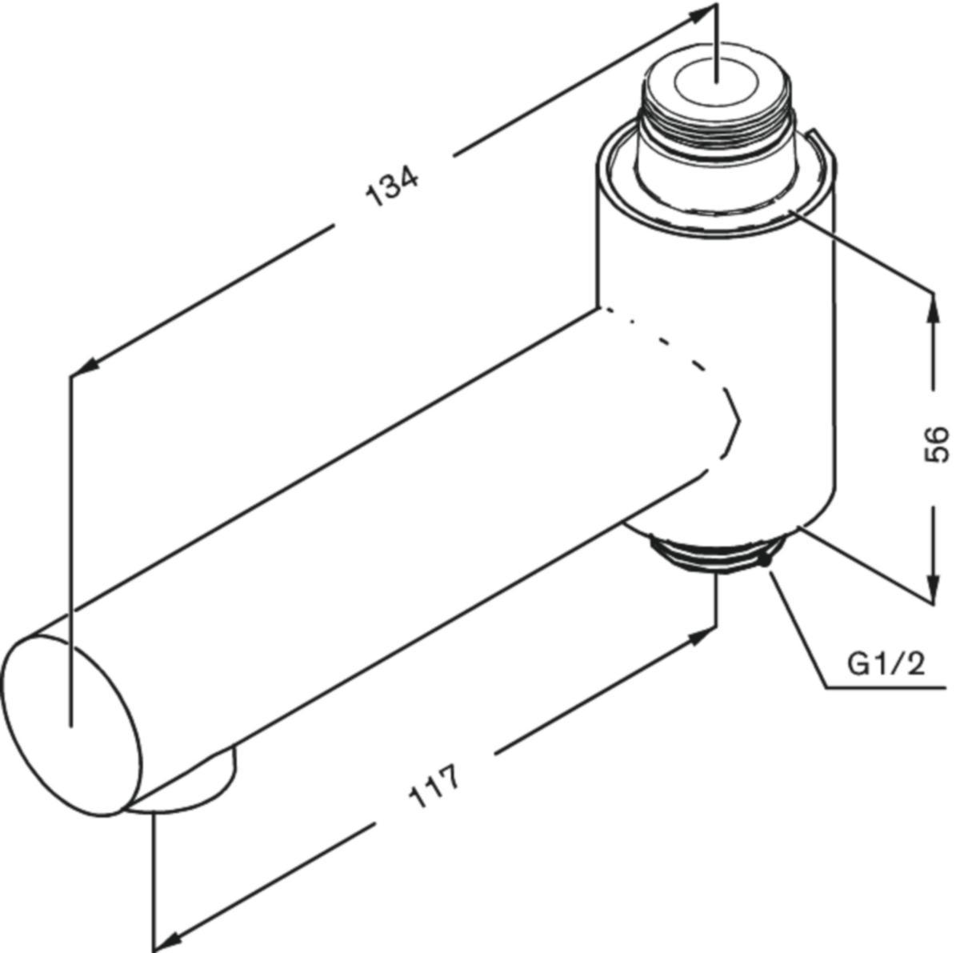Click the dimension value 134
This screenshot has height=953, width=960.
(392, 186)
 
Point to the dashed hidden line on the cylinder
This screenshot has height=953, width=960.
(688, 360)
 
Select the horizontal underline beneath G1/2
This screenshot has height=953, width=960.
(888, 686)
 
